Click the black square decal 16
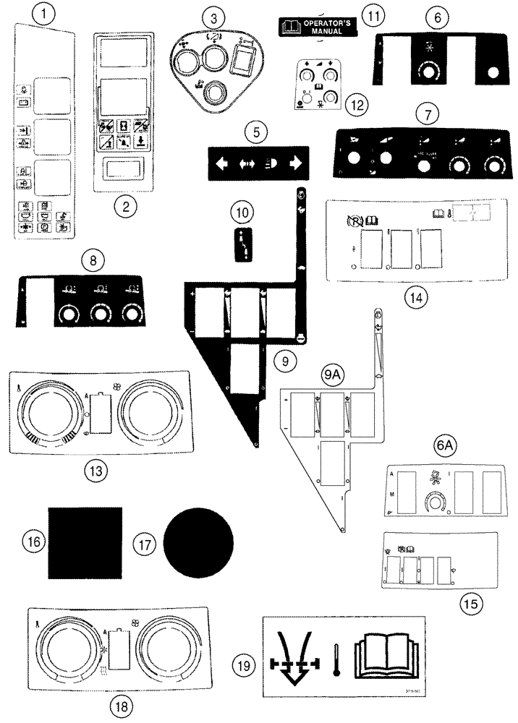(85, 542)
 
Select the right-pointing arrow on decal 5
(295, 163)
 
